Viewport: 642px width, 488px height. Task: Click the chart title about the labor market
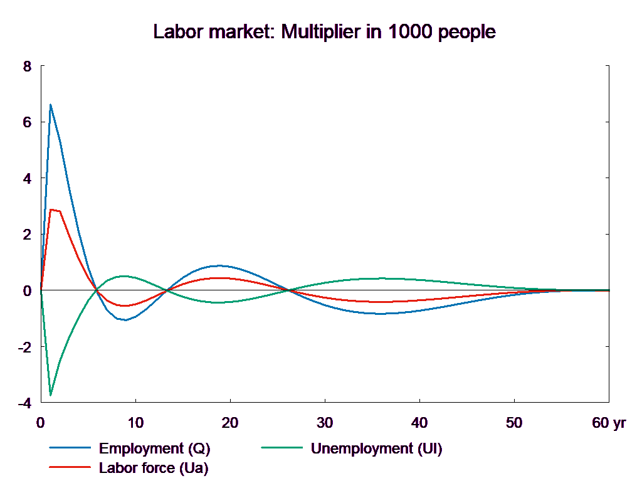tap(325, 32)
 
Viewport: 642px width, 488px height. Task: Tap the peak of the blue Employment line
tap(50, 105)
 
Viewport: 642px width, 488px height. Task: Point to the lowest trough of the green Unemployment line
tap(50, 395)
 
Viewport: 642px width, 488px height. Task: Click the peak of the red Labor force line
tap(51, 210)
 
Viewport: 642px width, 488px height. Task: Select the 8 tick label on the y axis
tap(26, 66)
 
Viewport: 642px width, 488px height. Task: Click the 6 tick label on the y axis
tap(26, 122)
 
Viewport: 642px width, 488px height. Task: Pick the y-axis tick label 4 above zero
tap(26, 178)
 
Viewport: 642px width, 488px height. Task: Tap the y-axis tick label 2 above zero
tap(26, 235)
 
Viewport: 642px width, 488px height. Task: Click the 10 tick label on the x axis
tap(135, 423)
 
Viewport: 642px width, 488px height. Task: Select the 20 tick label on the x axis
tap(230, 423)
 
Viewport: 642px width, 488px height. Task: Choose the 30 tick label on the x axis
tap(325, 423)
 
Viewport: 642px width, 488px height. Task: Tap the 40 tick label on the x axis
tap(419, 423)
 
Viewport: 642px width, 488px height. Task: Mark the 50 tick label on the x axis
tap(514, 423)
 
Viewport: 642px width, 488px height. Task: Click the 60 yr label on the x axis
tap(609, 423)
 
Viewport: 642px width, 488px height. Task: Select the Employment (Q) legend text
tap(155, 448)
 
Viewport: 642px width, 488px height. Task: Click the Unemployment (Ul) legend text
tap(376, 448)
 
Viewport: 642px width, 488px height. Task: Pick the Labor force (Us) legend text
tap(154, 468)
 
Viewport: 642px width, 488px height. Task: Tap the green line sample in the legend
tap(282, 448)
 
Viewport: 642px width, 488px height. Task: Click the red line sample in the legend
tap(70, 468)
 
